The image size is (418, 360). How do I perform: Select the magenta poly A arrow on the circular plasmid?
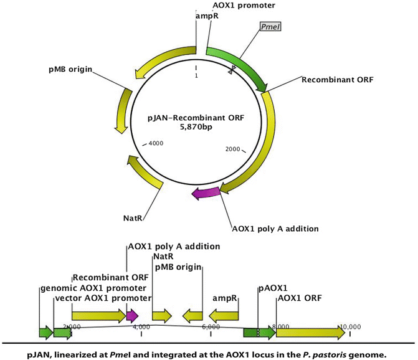coord(205,194)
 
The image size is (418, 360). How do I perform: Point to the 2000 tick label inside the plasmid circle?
coord(232,149)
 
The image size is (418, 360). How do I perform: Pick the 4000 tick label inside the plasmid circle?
coord(155,143)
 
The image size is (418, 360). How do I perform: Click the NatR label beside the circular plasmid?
coord(135,218)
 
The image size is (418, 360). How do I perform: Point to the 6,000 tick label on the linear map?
coord(211,326)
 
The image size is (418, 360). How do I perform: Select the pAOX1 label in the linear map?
coord(273,288)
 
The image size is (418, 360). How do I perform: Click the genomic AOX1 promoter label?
coord(93,288)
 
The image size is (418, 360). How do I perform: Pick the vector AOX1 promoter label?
coord(103,298)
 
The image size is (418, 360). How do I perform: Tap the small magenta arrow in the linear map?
coord(132,316)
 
